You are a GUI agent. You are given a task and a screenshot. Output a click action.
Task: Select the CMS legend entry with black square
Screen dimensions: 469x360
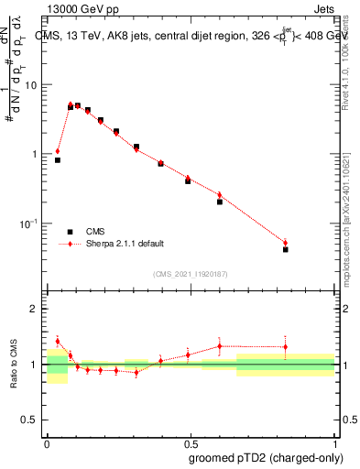click(84, 231)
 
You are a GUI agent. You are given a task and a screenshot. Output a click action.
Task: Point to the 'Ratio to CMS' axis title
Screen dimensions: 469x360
click(15, 365)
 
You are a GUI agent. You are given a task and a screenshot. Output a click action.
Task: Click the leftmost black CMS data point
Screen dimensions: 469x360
click(58, 160)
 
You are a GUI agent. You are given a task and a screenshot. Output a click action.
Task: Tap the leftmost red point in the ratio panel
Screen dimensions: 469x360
click(58, 341)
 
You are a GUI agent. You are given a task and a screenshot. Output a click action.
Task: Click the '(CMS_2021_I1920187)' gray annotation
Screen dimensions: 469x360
click(190, 273)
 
